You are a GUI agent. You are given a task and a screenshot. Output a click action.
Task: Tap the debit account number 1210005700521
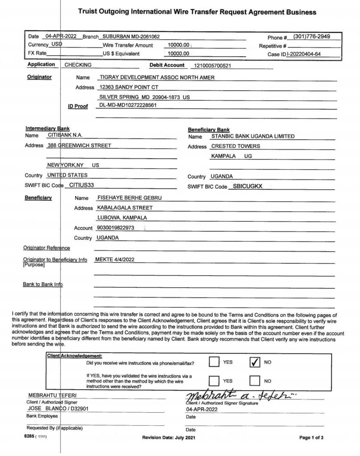(x=212, y=65)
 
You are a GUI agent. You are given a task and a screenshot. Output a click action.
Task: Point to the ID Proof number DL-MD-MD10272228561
(x=127, y=106)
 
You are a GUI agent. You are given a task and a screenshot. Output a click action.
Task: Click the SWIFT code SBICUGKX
(x=248, y=186)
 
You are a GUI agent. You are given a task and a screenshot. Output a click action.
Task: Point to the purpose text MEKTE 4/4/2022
(x=115, y=259)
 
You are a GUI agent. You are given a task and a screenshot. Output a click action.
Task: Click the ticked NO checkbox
(x=254, y=362)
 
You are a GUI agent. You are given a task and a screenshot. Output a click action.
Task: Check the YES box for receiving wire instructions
(x=214, y=362)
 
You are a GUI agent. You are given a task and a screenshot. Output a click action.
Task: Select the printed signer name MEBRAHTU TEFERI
(x=47, y=395)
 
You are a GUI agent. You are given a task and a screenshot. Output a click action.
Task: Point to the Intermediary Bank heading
(x=47, y=128)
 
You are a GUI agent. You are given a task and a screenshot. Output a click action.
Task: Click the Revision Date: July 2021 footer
(x=168, y=438)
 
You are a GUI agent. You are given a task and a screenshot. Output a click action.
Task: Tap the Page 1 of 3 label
(x=311, y=438)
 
